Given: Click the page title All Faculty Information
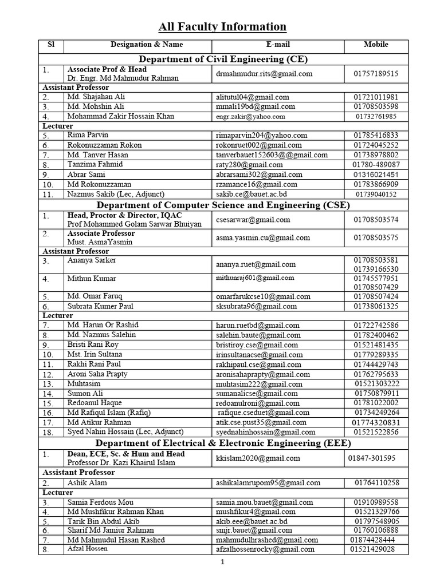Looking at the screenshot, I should coord(222,26).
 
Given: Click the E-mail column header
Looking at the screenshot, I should coord(278,45).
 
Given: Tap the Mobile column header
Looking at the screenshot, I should coord(376,45).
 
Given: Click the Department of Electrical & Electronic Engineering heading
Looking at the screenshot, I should coord(223,443).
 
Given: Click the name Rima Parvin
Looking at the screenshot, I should coord(88,135).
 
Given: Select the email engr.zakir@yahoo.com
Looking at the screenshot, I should coord(250,116).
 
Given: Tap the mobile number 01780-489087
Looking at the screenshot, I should coord(376,165).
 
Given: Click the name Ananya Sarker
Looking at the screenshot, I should coord(92,260).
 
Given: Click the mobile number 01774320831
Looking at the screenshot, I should coord(376,422).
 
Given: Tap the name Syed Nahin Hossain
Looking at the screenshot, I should coord(125,431).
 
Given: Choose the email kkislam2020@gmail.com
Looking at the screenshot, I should coord(258,458).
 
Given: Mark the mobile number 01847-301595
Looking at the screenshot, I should coord(371,458).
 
